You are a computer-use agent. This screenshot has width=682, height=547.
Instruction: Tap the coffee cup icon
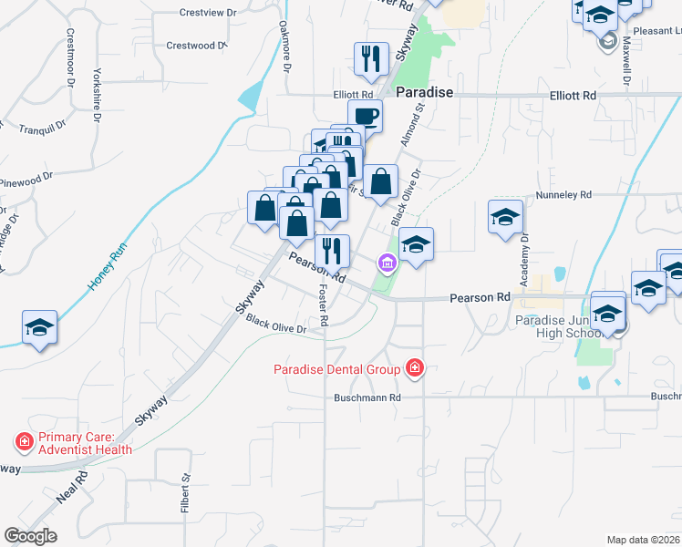point(365,116)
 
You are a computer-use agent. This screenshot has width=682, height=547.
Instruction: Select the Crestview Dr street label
point(208,14)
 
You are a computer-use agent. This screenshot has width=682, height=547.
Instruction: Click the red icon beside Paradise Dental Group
point(415,369)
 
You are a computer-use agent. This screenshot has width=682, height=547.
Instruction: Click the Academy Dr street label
point(525,261)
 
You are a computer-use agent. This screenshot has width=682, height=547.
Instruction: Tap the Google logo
point(30,535)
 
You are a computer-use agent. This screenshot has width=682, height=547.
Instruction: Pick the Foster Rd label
point(323,304)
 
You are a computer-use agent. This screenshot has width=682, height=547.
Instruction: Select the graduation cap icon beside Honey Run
point(39,326)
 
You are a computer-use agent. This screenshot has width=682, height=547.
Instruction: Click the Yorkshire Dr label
point(94,93)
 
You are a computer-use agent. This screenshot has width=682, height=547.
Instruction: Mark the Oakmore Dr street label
point(285,47)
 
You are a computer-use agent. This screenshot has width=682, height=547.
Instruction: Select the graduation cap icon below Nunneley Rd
point(505,218)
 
